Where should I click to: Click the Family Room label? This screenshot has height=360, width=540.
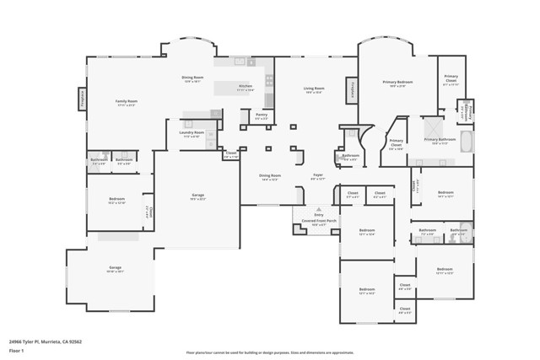click(x=127, y=103)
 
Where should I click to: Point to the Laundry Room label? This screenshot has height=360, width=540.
click(x=192, y=133)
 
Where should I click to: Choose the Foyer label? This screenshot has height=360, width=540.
click(x=318, y=177)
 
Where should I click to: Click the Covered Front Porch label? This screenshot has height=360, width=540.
click(x=318, y=223)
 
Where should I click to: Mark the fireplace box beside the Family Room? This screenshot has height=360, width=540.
click(x=83, y=99)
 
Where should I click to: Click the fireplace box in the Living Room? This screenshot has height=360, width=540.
click(x=350, y=89)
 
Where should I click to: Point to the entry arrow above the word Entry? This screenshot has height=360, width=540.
click(x=318, y=208)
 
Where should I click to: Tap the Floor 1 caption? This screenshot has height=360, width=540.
click(x=16, y=350)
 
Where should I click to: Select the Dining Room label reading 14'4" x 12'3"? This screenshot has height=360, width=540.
click(x=270, y=177)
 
